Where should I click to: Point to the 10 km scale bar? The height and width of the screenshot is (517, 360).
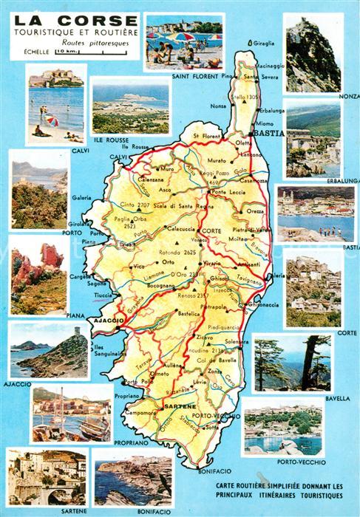pyautogui.click(x=73, y=52)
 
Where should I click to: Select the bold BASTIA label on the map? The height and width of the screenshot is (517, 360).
pyautogui.click(x=268, y=133)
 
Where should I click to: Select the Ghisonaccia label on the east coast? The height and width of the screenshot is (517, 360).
pyautogui.click(x=265, y=304)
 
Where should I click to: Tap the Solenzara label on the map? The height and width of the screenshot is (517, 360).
pyautogui.click(x=238, y=341)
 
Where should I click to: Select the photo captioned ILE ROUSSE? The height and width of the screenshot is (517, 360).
pyautogui.click(x=130, y=108)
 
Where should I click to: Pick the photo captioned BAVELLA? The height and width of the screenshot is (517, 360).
pyautogui.click(x=291, y=363)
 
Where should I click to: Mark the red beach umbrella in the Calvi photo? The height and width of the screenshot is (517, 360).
pyautogui.click(x=51, y=120)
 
